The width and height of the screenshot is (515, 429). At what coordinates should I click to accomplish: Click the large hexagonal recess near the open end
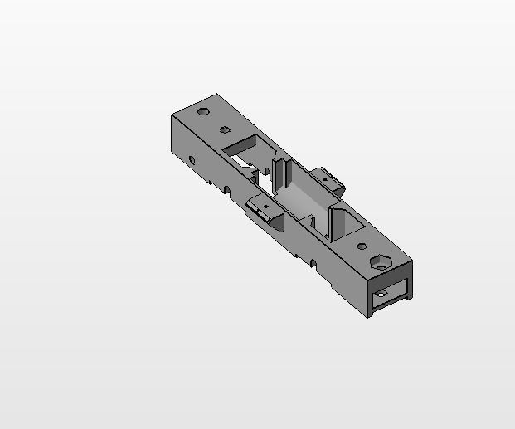(381, 261)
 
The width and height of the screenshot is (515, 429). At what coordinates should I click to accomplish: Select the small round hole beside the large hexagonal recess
(362, 246)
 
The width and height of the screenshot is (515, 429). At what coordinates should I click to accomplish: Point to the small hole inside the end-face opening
(381, 294)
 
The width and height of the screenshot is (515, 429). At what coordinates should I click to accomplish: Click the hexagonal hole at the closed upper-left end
(203, 110)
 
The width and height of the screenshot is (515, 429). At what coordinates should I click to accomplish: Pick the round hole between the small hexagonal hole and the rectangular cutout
(225, 129)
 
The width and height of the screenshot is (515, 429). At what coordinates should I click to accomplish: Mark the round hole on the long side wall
(192, 159)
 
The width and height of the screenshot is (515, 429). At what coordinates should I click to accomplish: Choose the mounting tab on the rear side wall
(329, 179)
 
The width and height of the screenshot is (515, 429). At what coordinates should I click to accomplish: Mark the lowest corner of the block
(370, 318)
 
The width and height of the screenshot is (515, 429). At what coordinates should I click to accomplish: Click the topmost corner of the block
(216, 94)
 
